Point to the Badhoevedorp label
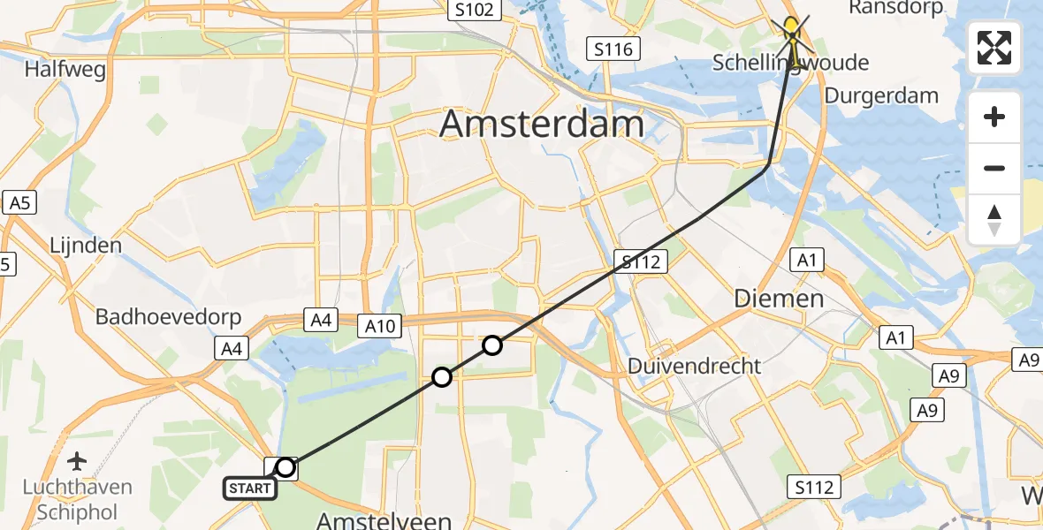150,316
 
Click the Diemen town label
779,299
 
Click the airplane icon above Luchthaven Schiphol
78,460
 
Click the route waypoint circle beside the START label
285,467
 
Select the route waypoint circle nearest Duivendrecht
492,345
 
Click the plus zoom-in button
994,117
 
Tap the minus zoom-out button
994,168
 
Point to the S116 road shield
613,49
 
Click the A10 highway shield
380,327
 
